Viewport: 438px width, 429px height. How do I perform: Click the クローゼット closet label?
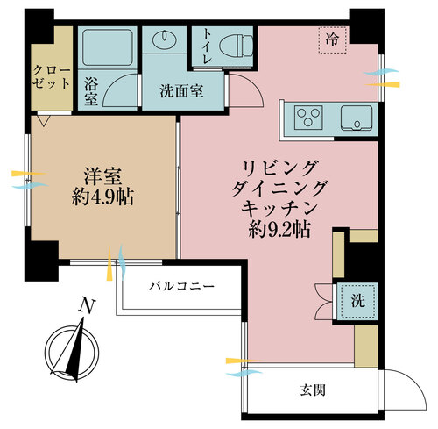pyautogui.click(x=52, y=77)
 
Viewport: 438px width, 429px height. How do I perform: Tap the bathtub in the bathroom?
pyautogui.click(x=107, y=47)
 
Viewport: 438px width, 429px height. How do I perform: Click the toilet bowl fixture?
pyautogui.click(x=236, y=46)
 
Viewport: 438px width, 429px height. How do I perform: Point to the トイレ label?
pyautogui.click(x=207, y=46)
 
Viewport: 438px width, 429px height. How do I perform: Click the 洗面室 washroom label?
pyautogui.click(x=181, y=91)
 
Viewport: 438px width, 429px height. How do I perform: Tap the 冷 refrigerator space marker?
pyautogui.click(x=333, y=39)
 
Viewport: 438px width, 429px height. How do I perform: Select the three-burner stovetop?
pyautogui.click(x=308, y=118)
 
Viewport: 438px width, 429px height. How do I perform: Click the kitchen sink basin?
pyautogui.click(x=357, y=118)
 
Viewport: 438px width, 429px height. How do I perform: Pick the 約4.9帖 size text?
pyautogui.click(x=102, y=197)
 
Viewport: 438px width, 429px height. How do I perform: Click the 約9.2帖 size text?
pyautogui.click(x=279, y=230)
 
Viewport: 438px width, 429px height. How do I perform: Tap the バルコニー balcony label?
pyautogui.click(x=181, y=286)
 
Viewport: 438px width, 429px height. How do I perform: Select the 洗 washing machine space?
pyautogui.click(x=358, y=300)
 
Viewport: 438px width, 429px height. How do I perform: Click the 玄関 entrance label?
pyautogui.click(x=313, y=390)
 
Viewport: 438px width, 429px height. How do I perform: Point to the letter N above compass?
pyautogui.click(x=87, y=306)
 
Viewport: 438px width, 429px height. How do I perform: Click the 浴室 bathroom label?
pyautogui.click(x=91, y=92)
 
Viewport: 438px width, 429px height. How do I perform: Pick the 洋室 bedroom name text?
pyautogui.click(x=102, y=177)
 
